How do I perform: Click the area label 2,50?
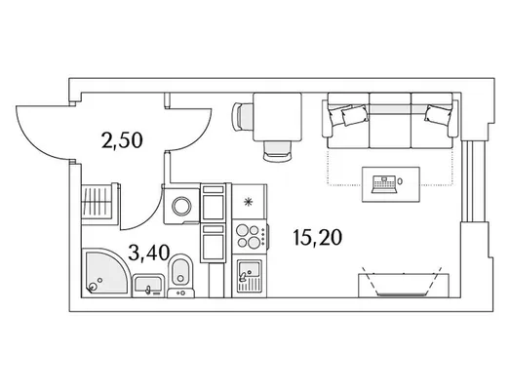point(122,141)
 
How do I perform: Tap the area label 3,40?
point(149,253)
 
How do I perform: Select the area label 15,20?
point(318,237)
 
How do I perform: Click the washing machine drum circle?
point(181,206)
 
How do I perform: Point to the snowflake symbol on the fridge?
point(248,203)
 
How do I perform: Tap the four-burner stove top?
point(250,237)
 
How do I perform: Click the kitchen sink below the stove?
point(250,276)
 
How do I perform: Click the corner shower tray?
point(104,273)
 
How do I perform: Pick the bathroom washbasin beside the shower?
point(148,286)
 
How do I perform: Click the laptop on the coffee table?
point(384,184)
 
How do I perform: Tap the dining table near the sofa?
point(278,117)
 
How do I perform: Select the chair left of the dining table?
point(242,117)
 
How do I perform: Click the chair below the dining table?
point(277,151)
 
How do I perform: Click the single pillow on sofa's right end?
point(437,114)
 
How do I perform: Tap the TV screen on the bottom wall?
point(403,294)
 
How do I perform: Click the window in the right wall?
point(469,180)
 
